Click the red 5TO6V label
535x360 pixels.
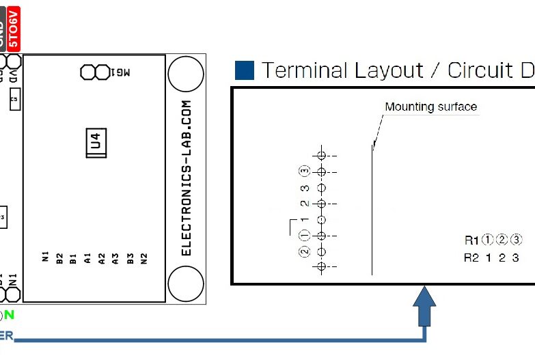14,27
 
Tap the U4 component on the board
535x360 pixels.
96,143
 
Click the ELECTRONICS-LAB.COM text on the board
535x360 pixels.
187,178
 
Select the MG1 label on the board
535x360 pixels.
120,71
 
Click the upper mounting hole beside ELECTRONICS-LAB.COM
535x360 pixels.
185,74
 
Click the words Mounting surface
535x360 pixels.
430,107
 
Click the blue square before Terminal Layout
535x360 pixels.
244,70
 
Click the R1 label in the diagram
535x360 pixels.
471,240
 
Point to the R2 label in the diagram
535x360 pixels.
471,258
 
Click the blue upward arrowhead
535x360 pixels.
425,299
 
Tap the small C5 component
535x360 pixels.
13,100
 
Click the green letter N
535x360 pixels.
10,315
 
